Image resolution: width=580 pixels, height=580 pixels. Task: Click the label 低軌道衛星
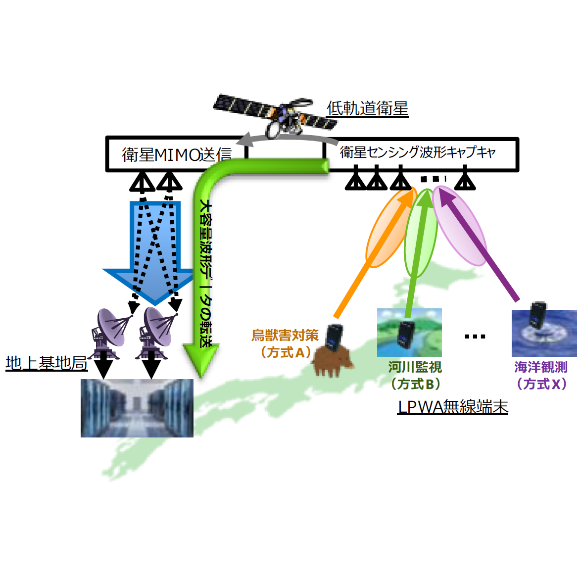click(367, 108)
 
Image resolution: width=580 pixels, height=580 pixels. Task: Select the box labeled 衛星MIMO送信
click(176, 154)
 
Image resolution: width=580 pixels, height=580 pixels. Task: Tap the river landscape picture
click(409, 333)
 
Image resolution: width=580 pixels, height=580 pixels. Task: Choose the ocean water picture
click(544, 333)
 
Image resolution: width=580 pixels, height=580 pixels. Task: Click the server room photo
click(137, 408)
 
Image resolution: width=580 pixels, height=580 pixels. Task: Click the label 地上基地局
click(47, 363)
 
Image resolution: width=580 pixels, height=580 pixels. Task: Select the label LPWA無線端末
click(452, 407)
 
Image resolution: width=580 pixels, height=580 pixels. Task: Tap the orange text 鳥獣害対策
click(285, 336)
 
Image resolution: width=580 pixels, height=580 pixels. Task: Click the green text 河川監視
click(415, 367)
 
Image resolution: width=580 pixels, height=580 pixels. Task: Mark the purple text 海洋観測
click(540, 367)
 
